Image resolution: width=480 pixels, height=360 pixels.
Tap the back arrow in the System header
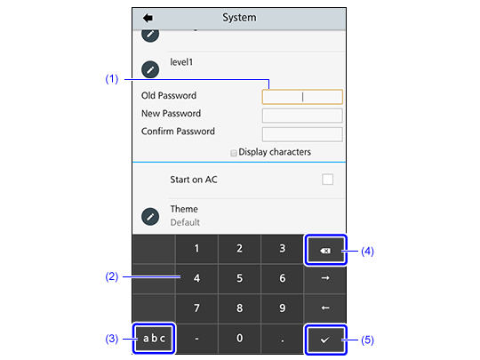tap(148, 18)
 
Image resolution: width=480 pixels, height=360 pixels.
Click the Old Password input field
tap(302, 97)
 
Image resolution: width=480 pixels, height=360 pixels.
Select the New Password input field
tap(302, 116)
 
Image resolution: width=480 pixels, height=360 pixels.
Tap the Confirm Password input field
tap(302, 134)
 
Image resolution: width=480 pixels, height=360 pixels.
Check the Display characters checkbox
tap(234, 153)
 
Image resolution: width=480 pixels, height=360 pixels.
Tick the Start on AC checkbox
tap(327, 180)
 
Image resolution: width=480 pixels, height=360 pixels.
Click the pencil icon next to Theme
tap(150, 217)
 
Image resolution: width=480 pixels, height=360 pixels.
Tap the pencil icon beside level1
tap(150, 69)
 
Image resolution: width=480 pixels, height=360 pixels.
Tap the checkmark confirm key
tap(325, 340)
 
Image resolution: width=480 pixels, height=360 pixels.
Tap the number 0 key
tap(239, 339)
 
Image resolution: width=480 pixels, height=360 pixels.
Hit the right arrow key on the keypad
tap(325, 278)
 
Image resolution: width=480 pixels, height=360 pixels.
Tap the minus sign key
tap(196, 339)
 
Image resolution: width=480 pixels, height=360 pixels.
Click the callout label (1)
tap(112, 79)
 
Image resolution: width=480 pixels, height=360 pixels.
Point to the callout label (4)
tap(368, 252)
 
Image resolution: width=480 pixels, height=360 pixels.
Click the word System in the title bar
tap(239, 18)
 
